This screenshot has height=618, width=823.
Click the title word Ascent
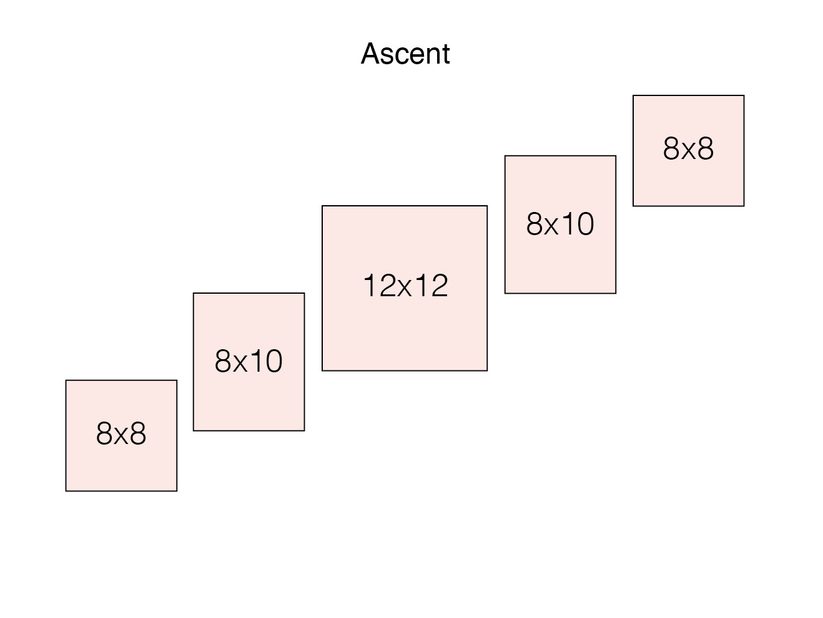coord(405,54)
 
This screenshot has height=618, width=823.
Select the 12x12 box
coord(405,288)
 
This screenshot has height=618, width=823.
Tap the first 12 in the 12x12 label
coord(380,286)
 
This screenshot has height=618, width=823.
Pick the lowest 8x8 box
coord(121,436)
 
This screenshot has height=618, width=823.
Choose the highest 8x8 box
coord(688,151)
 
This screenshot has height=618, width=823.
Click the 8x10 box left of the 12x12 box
coord(249,362)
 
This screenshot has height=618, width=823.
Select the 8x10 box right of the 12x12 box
coord(560,225)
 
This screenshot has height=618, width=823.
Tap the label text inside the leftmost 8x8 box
coord(121,433)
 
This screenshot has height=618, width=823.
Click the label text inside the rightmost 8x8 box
coord(688,148)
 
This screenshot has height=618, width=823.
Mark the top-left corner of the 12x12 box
coord(322,206)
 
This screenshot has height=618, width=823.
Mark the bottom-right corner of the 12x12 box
coord(488,371)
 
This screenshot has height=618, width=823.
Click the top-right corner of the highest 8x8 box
coord(744,95)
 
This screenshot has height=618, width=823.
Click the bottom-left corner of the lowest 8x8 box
coord(66,491)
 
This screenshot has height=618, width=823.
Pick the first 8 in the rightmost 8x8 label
coord(671,148)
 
